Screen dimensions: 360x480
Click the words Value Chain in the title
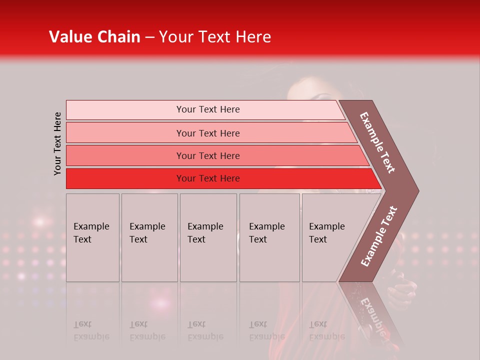[94, 37]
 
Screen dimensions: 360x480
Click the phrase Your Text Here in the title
[215, 37]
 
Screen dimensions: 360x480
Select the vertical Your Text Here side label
[58, 143]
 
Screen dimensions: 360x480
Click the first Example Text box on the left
[92, 237]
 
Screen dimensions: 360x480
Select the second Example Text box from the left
[149, 237]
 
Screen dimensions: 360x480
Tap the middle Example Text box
[208, 237]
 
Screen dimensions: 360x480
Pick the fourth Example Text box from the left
[269, 237]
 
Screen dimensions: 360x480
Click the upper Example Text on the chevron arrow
[377, 142]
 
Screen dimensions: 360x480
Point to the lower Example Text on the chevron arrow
[378, 236]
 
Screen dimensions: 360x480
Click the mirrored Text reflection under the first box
[82, 324]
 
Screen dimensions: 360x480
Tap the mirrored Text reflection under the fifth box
[318, 324]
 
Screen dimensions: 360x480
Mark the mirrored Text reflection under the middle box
[196, 324]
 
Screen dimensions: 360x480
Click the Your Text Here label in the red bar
[208, 178]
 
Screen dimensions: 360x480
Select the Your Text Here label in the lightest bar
[208, 109]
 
